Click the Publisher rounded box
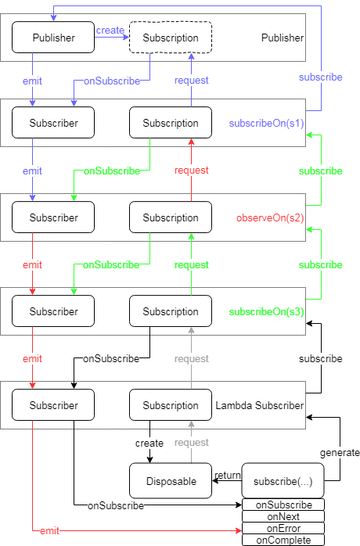[x=53, y=38]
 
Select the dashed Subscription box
[x=171, y=38]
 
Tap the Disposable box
[x=171, y=480]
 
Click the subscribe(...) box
[x=283, y=480]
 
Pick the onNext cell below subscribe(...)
[x=283, y=516]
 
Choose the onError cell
[x=283, y=528]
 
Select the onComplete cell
[x=283, y=540]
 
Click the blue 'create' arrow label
[x=110, y=31]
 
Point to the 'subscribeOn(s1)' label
[x=267, y=124]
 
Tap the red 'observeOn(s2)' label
[x=270, y=218]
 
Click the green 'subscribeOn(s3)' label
[x=267, y=311]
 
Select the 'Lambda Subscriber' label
[x=260, y=405]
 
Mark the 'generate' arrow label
[x=340, y=453]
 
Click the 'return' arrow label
[x=228, y=476]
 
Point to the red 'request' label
[x=191, y=171]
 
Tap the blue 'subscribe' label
[x=321, y=77]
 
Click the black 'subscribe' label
[x=321, y=359]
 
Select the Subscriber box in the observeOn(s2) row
[x=53, y=217]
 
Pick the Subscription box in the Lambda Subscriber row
[x=171, y=405]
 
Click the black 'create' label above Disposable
[x=149, y=444]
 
